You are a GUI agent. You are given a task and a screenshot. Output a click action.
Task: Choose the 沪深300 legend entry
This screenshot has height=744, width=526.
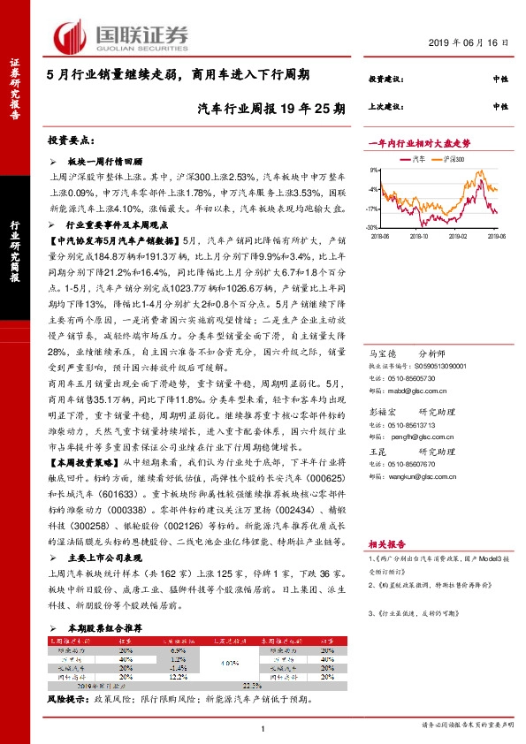pyautogui.click(x=452, y=159)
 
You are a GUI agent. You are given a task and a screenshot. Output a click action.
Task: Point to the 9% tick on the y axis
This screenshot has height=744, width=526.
pyautogui.click(x=376, y=169)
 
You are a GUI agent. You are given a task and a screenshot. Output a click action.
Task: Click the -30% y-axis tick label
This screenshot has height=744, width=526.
pyautogui.click(x=374, y=228)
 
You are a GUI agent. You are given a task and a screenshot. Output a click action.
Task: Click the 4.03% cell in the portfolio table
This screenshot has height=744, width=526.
pyautogui.click(x=229, y=663)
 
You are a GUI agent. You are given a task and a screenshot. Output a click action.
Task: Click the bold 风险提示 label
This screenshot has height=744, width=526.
pyautogui.click(x=66, y=698)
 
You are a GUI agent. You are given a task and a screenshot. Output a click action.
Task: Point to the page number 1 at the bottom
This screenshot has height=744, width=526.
pyautogui.click(x=263, y=727)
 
